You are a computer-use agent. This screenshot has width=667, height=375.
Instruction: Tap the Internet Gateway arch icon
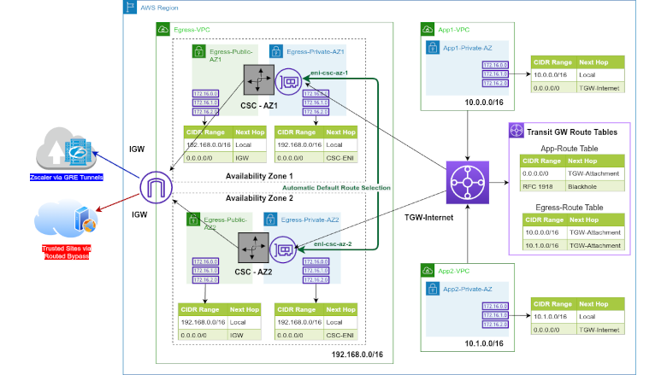pos(155,185)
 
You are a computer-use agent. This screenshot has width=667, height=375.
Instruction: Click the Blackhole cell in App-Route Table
pos(582,185)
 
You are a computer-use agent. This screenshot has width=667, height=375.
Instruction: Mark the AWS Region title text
pos(161,7)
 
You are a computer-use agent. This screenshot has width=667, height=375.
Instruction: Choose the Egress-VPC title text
pos(192,29)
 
